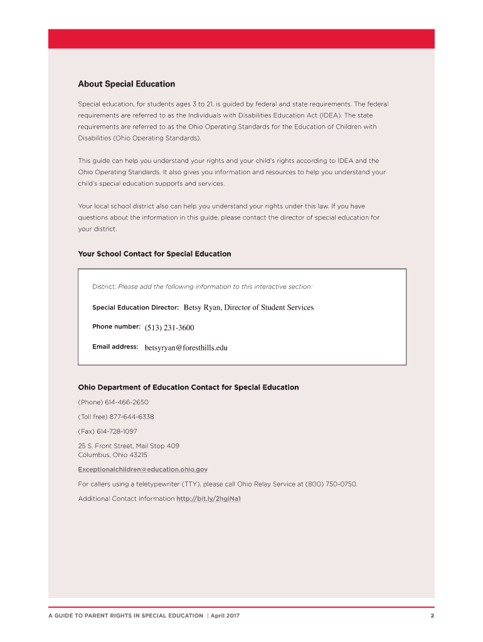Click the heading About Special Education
(126, 84)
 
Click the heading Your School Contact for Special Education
(154, 254)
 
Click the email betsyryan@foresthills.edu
(186, 347)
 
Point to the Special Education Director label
(135, 308)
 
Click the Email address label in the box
(115, 347)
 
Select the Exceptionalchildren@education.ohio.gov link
(142, 469)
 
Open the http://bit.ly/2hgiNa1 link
(209, 498)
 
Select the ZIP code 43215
(138, 455)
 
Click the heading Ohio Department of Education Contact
(188, 387)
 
